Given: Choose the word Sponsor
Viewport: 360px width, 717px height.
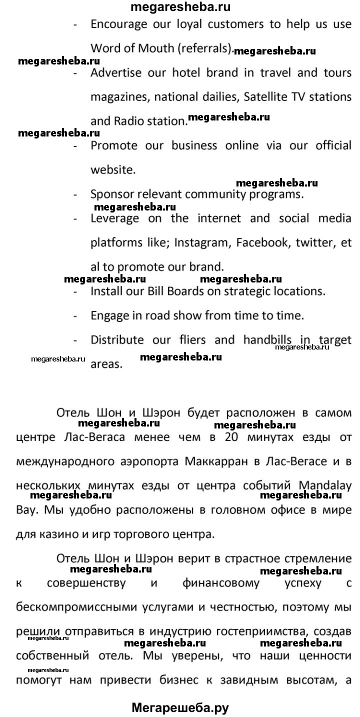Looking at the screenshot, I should click(110, 194).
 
